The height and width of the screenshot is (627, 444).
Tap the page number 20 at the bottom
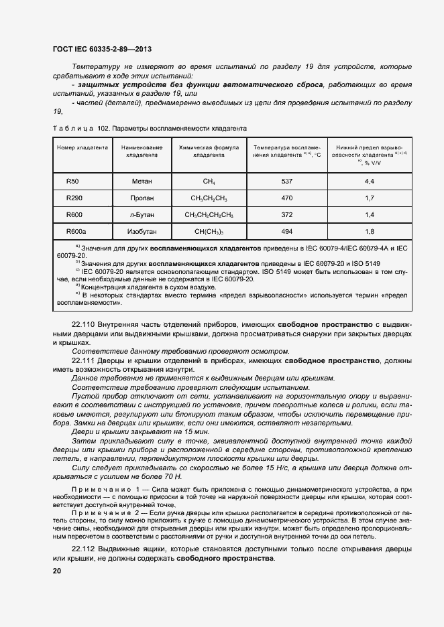[56, 571]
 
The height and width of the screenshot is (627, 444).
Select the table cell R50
[72, 182]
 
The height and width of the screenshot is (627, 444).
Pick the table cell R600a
[76, 231]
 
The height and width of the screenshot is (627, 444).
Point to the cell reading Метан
[141, 182]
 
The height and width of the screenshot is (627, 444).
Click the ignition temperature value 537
[287, 182]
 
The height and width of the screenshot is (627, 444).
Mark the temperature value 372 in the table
[287, 215]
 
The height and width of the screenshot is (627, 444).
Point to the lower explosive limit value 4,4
[369, 182]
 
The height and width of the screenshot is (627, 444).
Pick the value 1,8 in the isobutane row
[369, 231]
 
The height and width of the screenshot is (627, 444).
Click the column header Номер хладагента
[82, 147]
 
